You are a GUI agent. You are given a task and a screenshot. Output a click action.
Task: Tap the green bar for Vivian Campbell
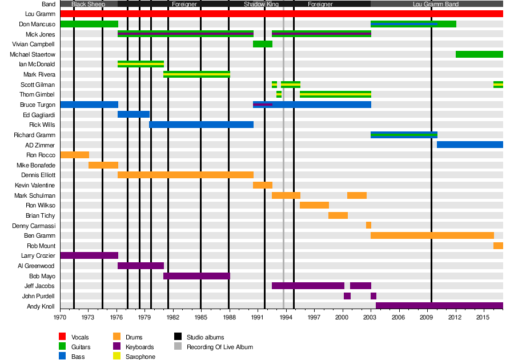pos(263,44)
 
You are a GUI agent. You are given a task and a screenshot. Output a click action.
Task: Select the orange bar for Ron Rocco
pos(74,155)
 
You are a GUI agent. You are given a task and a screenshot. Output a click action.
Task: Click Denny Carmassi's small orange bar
pos(368,225)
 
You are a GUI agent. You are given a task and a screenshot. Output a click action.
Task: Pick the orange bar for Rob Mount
pos(498,246)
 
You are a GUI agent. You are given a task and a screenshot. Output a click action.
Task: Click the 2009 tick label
pos(427,317)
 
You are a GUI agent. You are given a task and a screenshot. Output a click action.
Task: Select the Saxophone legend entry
pos(140,357)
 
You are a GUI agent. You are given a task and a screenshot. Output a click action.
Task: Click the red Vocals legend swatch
pos(63,337)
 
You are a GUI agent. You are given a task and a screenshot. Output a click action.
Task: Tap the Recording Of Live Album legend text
pos(219,347)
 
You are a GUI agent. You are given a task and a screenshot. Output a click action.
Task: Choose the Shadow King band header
pos(261,4)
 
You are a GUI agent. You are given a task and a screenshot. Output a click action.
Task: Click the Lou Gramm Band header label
pos(437,4)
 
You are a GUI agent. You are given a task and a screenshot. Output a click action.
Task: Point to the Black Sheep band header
pos(89,4)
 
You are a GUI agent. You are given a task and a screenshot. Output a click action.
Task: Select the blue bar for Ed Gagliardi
pos(134,114)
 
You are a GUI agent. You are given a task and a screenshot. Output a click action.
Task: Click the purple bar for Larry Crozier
pos(89,255)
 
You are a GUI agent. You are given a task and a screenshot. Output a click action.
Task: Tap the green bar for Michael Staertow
pos(479,54)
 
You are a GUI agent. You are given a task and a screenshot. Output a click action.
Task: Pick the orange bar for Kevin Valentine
pos(263,185)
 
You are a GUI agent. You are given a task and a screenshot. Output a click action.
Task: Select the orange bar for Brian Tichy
pos(338,215)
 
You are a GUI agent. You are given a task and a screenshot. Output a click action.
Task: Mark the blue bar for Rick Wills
pos(201,125)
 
